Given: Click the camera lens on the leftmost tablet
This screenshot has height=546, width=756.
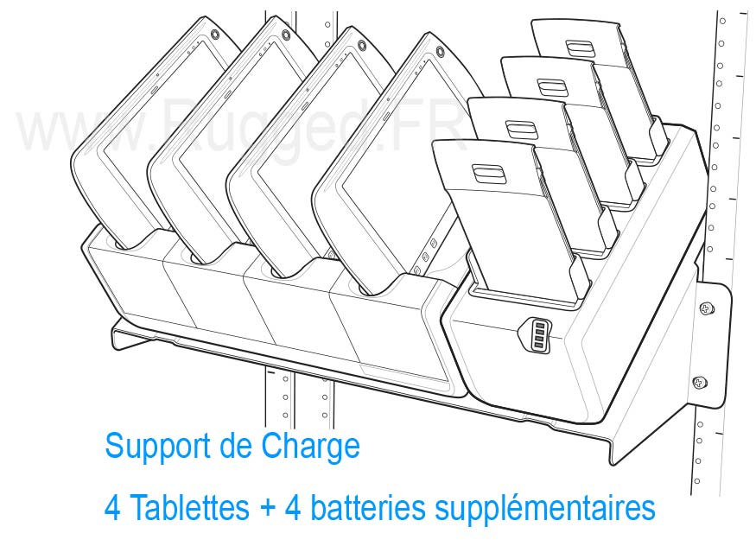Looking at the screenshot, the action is [214, 35].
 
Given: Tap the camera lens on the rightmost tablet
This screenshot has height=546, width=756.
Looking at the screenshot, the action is [439, 51].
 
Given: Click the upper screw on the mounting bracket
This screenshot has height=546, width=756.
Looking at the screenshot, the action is [707, 308].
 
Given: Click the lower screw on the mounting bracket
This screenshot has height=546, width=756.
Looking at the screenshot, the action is [700, 383].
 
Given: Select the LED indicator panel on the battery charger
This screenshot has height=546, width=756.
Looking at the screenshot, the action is [536, 335].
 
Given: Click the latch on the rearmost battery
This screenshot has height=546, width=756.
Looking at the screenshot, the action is [580, 49].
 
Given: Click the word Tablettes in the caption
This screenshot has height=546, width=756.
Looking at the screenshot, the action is [189, 507].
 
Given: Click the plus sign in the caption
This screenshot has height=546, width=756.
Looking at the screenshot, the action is [267, 508].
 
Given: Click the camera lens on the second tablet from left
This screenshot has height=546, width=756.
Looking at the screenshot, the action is [286, 35].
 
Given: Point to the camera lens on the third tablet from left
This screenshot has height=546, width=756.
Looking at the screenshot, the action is [361, 46].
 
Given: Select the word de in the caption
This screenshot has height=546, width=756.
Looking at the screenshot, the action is [236, 448].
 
